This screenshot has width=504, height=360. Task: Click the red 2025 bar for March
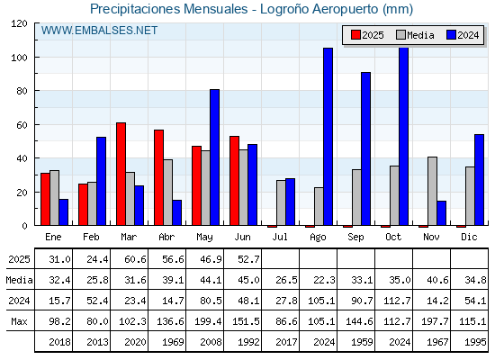click(121, 174)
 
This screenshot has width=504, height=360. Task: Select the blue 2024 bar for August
click(328, 137)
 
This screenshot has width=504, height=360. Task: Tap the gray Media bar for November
click(432, 191)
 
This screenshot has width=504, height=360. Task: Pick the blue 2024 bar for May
click(215, 157)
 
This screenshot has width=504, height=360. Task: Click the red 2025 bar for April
click(158, 178)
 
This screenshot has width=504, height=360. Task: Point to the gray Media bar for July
click(281, 202)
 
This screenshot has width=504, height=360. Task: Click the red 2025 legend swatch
click(355, 35)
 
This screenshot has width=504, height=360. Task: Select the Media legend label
click(420, 35)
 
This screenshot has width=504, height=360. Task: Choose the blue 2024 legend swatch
click(451, 35)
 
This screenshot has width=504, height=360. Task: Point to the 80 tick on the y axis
click(22, 91)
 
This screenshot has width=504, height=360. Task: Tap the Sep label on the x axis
click(355, 238)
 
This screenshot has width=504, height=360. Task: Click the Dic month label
click(469, 237)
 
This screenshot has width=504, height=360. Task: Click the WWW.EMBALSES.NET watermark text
click(99, 31)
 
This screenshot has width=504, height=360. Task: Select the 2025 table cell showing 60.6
click(135, 259)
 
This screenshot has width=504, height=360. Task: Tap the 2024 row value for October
click(397, 301)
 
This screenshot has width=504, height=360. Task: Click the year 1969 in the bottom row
click(173, 342)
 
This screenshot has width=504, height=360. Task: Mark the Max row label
click(19, 321)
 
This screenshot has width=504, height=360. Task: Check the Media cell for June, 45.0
click(248, 280)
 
